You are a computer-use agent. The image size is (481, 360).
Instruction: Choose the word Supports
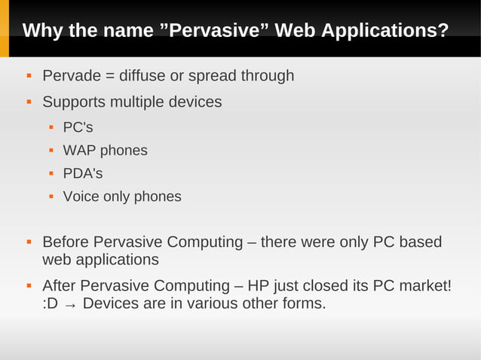click(x=74, y=101)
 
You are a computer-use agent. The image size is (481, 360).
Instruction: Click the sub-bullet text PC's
click(x=78, y=127)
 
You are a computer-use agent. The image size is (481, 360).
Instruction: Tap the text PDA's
click(x=82, y=174)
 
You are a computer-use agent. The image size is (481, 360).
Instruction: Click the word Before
click(x=64, y=243)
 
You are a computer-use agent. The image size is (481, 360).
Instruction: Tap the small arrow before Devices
click(x=70, y=305)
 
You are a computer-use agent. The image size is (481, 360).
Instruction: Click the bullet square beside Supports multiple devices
click(x=29, y=101)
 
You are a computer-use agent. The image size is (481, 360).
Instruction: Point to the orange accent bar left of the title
click(x=4, y=30)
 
